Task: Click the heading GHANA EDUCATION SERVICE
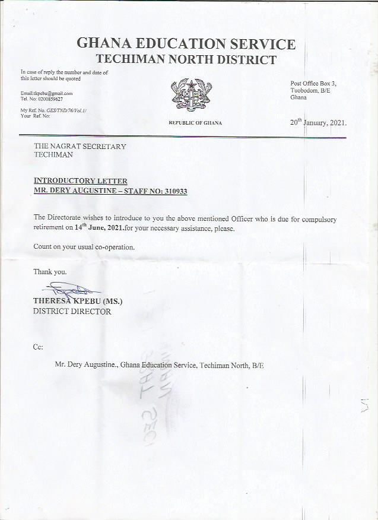coord(186,44)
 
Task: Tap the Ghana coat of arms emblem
coord(191,95)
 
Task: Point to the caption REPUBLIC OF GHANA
coord(195,123)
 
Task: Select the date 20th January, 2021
coord(318,122)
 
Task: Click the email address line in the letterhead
coord(46,93)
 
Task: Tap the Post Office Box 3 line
coord(313,83)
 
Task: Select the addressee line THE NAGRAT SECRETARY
coord(80,146)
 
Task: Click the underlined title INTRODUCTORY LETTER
coord(80,180)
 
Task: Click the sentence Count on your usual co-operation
coord(84,247)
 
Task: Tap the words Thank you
coord(50,272)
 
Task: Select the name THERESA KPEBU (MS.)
coord(77,301)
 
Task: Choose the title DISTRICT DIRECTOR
coord(72,311)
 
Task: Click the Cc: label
coord(38,347)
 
